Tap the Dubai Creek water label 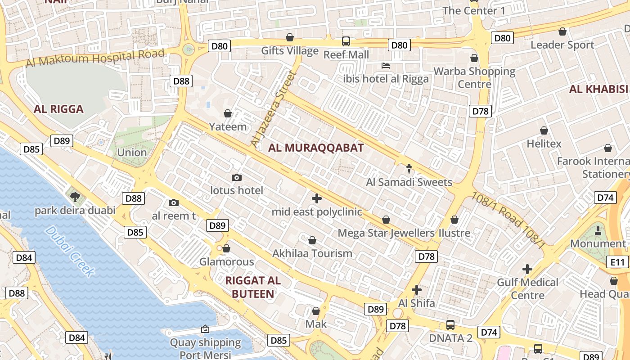point(70,251)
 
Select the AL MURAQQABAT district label point(316,148)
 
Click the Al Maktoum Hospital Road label point(95,58)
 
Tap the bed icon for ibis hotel point(386,66)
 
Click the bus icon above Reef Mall point(346,41)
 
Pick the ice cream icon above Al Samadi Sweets point(409,169)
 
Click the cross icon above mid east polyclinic point(317,198)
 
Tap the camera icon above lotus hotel point(237,177)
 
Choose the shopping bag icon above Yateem point(228,113)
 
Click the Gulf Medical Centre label point(527,289)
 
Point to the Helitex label point(544,144)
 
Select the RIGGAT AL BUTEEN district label point(252,287)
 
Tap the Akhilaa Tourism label point(312,253)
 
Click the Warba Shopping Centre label point(474,77)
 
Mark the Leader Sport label point(562,45)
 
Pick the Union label point(132,153)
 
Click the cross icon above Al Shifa point(416,289)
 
